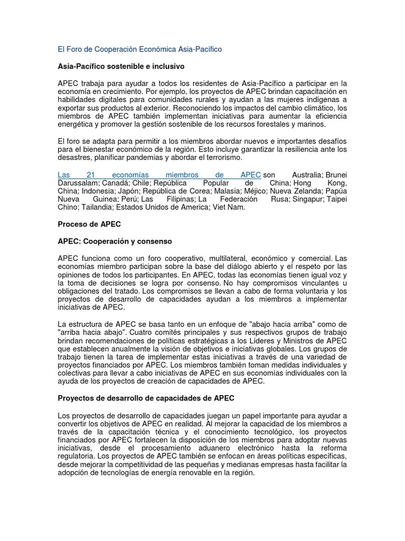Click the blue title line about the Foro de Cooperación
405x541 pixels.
[140, 49]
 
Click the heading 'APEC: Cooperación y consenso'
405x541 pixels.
[115, 241]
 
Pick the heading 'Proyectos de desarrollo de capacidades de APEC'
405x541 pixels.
[146, 397]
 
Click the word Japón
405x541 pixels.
[134, 191]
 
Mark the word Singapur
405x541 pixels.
[307, 199]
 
